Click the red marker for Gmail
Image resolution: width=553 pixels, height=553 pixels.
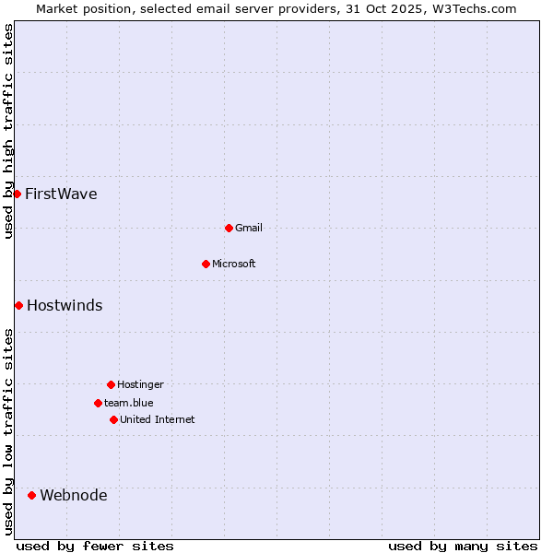[229, 228]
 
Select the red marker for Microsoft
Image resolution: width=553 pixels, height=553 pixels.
[206, 264]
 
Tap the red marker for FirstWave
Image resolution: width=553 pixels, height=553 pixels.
[17, 194]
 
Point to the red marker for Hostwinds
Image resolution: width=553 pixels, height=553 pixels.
[18, 305]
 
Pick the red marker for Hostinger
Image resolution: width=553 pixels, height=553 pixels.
[111, 384]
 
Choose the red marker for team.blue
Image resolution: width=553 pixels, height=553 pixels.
[98, 403]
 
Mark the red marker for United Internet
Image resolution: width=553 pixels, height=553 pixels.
[113, 419]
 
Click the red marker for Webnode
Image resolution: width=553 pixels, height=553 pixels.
[31, 495]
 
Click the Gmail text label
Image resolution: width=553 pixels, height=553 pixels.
[249, 228]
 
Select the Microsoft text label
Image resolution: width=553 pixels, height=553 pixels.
[234, 264]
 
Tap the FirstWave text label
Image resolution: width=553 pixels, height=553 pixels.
[61, 194]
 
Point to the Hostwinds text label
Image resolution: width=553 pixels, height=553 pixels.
[65, 305]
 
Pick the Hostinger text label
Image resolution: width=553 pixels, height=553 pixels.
[140, 384]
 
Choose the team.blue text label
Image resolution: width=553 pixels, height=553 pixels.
[129, 403]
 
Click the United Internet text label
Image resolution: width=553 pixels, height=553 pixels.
[158, 419]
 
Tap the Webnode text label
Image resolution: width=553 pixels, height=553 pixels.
[74, 495]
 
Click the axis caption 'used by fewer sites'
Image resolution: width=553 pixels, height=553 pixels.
[95, 546]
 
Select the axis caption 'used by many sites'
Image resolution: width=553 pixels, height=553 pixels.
[463, 546]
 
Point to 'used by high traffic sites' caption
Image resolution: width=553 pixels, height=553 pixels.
[8, 131]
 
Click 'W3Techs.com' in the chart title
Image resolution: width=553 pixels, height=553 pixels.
[476, 8]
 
